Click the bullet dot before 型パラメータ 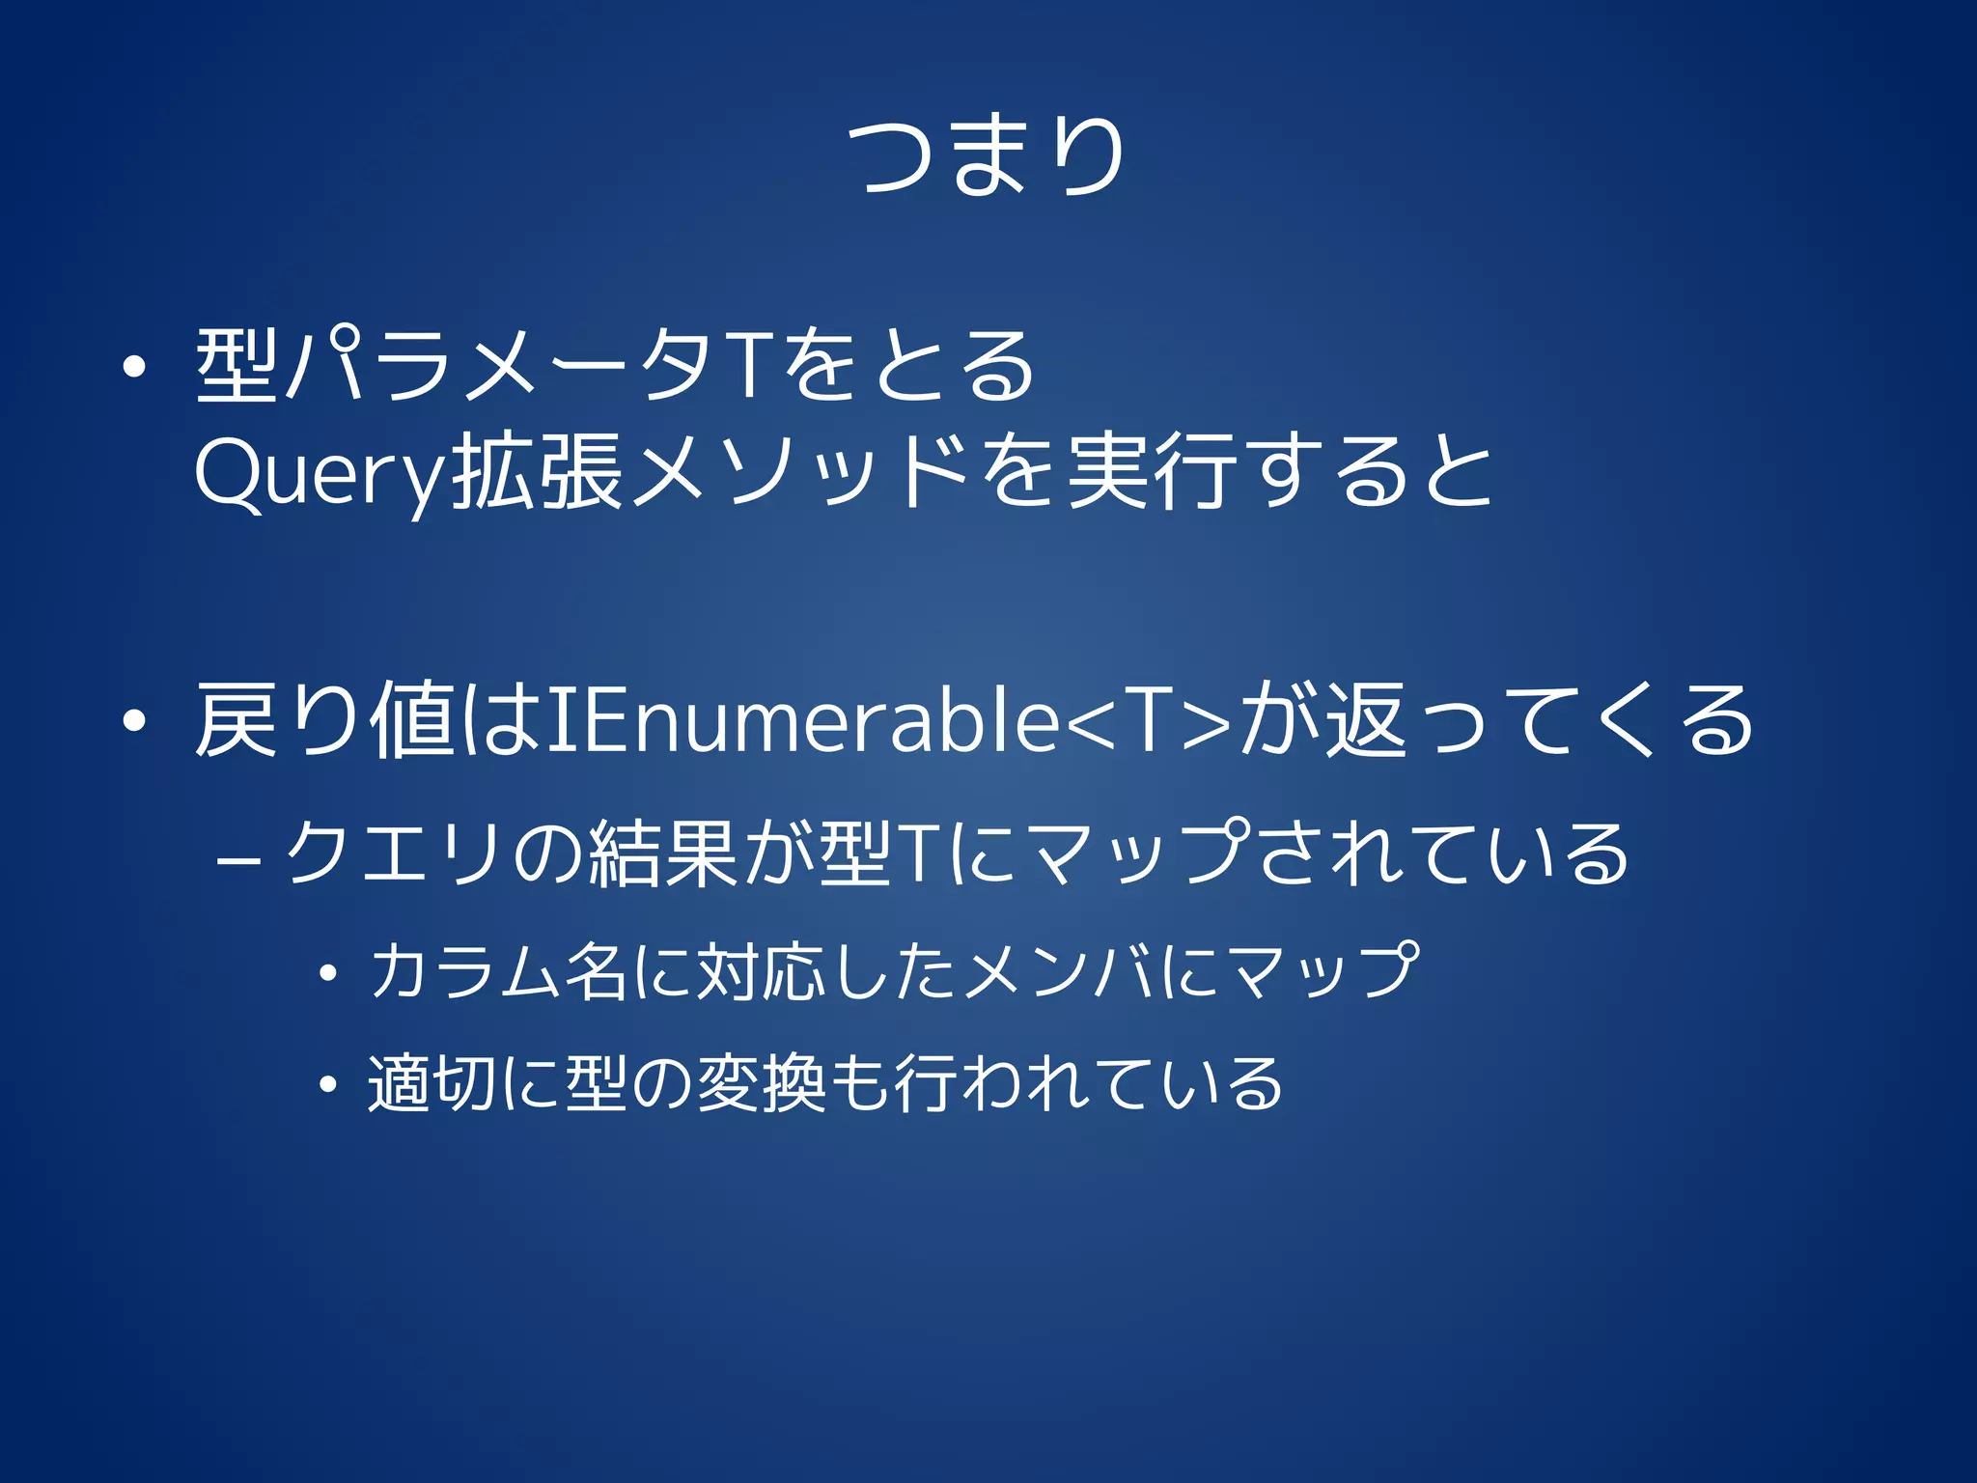[134, 367]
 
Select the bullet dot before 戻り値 [134, 721]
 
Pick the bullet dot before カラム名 [328, 973]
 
